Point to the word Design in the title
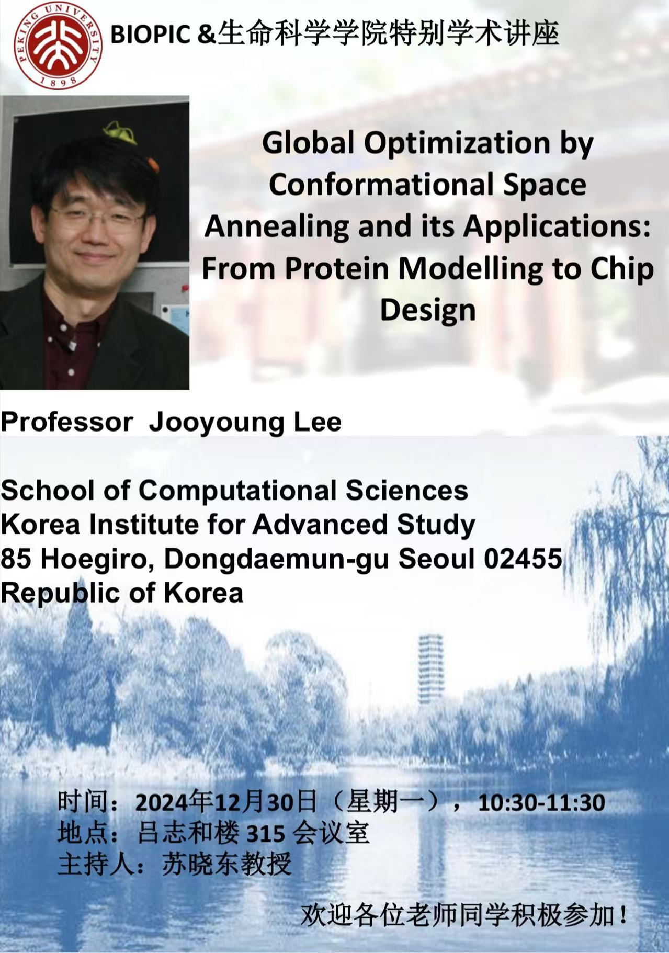[x=427, y=311]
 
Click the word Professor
[x=67, y=422]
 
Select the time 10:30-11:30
[x=541, y=802]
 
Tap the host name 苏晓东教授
[x=226, y=864]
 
